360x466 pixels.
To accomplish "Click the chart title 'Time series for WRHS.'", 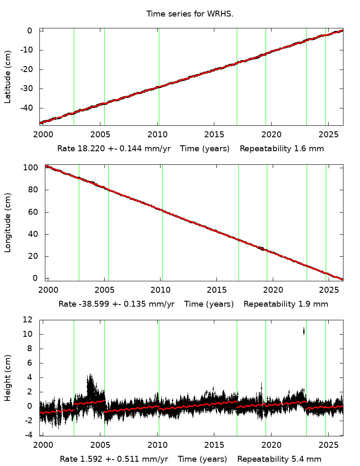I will pos(190,14).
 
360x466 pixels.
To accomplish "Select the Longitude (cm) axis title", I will pos(8,222).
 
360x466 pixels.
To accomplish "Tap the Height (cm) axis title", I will pos(8,378).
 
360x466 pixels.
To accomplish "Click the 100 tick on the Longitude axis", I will pos(32,168).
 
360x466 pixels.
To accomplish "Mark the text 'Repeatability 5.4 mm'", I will pos(279,459).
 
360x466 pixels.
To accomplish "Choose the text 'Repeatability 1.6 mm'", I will pos(282,149).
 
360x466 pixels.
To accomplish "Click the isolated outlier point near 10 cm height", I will pos(304,331).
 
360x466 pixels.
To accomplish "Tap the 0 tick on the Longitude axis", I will pos(35,278).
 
